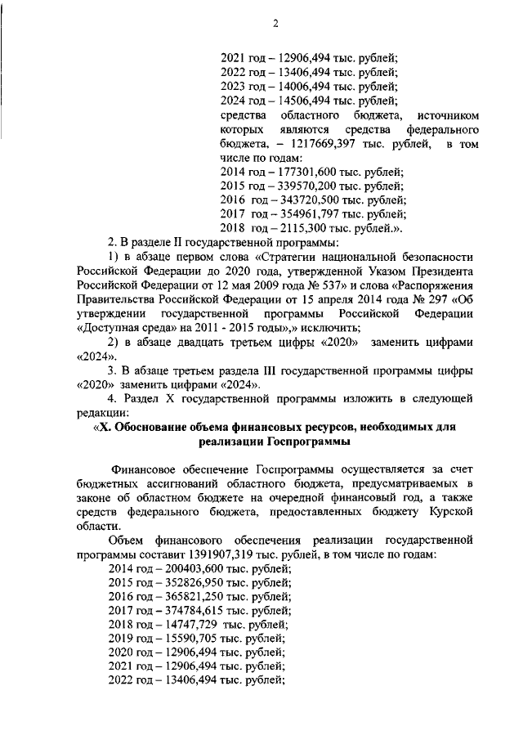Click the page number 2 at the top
click(275, 24)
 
